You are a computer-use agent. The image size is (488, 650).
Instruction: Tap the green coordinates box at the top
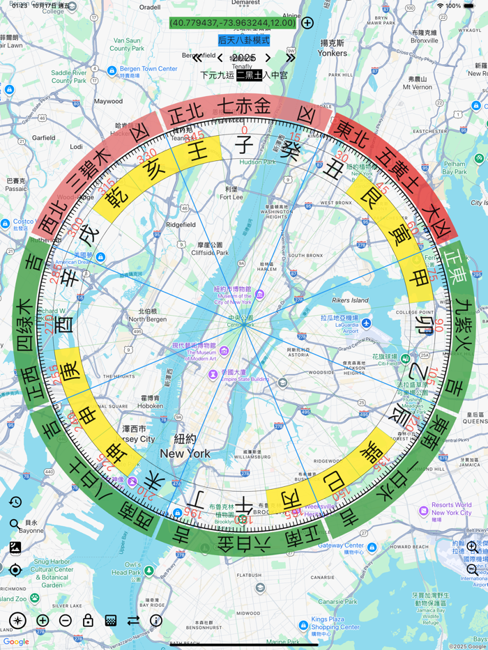coord(233,23)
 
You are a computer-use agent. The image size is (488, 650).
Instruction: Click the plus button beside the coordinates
coord(307,23)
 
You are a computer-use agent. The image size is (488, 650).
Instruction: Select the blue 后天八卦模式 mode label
coord(243,40)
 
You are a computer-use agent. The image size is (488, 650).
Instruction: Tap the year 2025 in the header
coord(244,58)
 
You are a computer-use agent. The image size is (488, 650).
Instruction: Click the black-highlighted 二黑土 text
coord(250,75)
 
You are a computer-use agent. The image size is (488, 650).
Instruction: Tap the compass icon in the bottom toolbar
coord(18,620)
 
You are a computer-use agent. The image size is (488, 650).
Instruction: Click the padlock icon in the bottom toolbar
coord(88,620)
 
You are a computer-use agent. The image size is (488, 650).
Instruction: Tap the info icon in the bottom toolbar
coord(156,620)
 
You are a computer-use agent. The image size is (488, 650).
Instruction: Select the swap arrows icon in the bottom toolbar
coord(133,620)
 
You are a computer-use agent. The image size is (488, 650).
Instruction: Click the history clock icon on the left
coord(15,502)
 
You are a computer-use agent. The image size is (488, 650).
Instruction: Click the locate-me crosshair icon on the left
coord(15,570)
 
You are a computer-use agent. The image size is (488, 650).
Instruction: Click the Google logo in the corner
coord(16,642)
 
